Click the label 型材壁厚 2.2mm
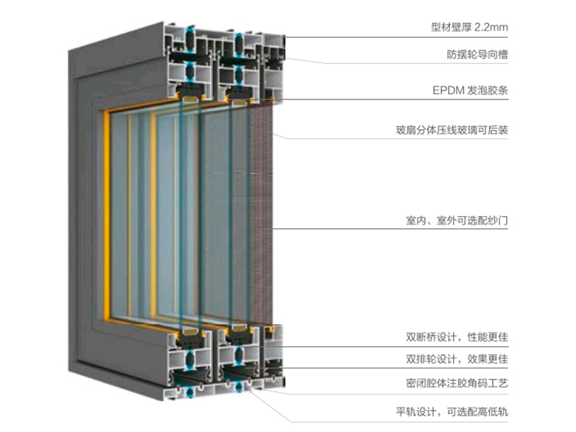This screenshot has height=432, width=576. pos(469,27)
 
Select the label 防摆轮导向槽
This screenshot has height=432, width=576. pos(477,55)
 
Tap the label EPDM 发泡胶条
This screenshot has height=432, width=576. pos(470,91)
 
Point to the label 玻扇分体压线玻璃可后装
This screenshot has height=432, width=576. pos(452,130)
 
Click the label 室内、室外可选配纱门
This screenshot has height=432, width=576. pos(456,220)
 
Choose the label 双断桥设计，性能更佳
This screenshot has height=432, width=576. pos(456,337)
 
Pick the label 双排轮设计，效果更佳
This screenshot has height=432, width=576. pos(456,359)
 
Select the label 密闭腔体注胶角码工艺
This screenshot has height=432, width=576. pos(456,384)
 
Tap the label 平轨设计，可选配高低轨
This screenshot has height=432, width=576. pos(452,411)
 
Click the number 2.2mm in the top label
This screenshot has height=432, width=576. pos(491,27)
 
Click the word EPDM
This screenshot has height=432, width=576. pos(449,91)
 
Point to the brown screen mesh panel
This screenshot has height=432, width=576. pos(261,213)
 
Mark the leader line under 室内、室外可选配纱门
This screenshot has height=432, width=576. pos(390,229)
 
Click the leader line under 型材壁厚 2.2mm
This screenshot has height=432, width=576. pos(397,37)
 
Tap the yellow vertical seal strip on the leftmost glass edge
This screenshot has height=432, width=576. pos(107,213)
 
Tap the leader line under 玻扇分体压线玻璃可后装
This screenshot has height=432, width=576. pos(390,137)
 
